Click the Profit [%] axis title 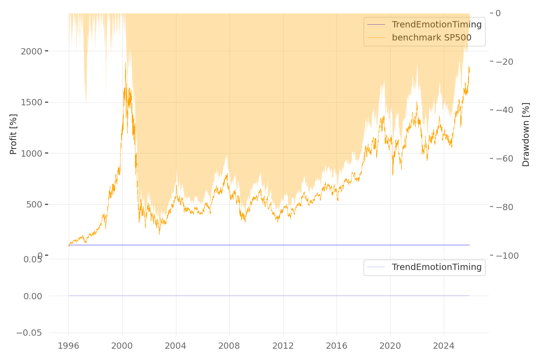[13, 134]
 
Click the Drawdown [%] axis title [526, 134]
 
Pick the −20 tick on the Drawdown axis [508, 62]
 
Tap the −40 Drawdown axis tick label [508, 110]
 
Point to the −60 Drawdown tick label [508, 158]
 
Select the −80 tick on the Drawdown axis [508, 207]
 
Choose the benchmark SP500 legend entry [431, 38]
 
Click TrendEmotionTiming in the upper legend [436, 25]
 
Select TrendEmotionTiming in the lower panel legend [436, 267]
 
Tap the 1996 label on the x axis [68, 346]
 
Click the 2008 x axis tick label [229, 346]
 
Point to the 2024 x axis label [443, 346]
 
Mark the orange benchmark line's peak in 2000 [125, 63]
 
